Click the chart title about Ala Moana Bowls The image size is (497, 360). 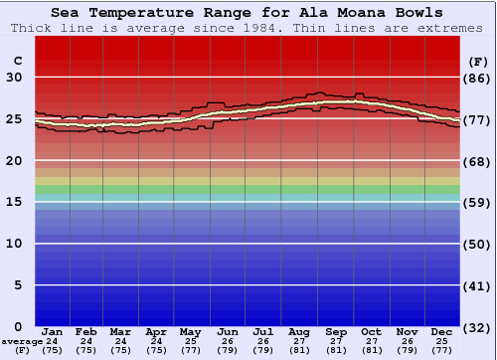[248, 13]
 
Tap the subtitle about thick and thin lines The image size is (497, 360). [248, 28]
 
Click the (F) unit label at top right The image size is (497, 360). [477, 62]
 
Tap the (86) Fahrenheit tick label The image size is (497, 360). [477, 78]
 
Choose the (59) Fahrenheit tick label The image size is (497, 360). [477, 202]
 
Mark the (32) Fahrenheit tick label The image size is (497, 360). [477, 327]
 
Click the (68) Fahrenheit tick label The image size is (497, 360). [477, 161]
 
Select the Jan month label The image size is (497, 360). [53, 331]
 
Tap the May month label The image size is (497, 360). [189, 331]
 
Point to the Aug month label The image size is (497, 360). [298, 331]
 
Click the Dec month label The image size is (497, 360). [442, 331]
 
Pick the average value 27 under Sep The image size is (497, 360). [335, 341]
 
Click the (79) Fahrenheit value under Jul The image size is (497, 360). [263, 350]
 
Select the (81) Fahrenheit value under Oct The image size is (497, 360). [371, 350]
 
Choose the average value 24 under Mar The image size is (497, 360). [120, 341]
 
